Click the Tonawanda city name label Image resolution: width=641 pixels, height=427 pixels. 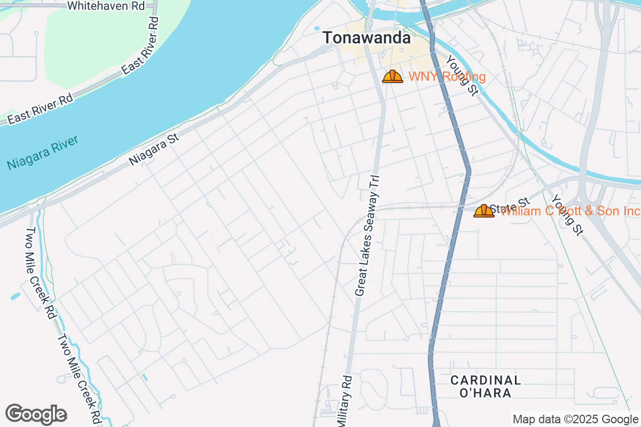366,38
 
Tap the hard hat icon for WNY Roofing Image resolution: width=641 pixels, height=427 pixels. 393,77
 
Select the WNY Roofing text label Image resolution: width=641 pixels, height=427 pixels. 447,77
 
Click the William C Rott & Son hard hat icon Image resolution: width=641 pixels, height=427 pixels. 484,211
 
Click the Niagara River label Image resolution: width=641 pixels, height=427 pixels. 43,153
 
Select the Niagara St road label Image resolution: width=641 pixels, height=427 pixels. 154,149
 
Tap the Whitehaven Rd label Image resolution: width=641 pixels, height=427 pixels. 106,6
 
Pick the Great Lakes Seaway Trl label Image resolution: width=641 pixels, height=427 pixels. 368,235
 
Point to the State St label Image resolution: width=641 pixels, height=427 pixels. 510,206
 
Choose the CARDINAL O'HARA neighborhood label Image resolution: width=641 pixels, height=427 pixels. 485,386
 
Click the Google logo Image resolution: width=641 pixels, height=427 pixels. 36,414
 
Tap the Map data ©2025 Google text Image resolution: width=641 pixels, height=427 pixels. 575,419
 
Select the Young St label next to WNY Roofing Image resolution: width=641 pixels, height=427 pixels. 462,75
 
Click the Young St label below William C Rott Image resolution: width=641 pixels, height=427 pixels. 567,215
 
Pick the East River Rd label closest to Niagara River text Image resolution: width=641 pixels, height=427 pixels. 41,109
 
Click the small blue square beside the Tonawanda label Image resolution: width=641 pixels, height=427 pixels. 317,28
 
